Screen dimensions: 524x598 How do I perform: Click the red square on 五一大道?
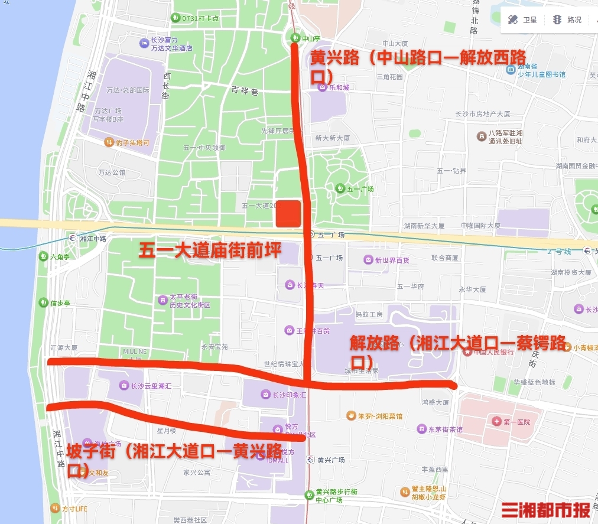[288, 213]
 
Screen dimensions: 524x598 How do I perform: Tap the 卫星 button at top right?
[522, 20]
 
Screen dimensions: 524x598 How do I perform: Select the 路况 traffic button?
[567, 20]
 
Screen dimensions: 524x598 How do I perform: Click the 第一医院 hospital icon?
[496, 422]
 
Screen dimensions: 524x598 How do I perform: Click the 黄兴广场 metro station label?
[330, 460]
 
